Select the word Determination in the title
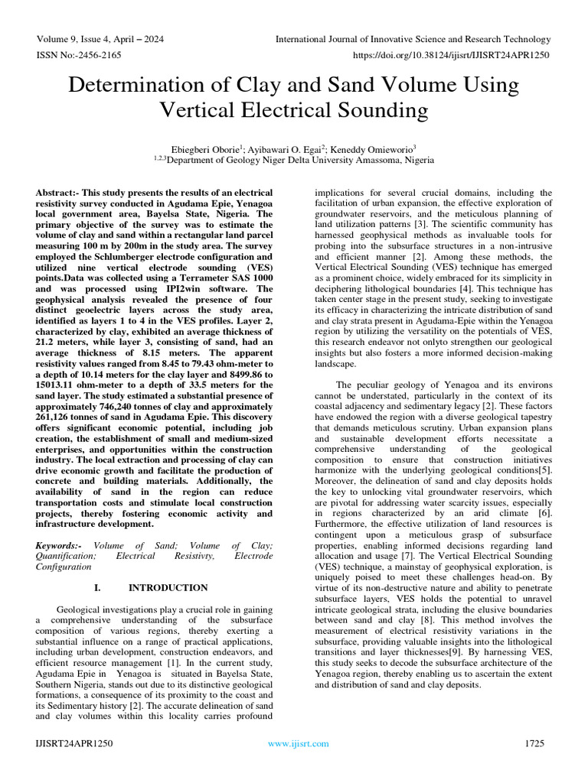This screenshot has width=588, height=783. (x=143, y=86)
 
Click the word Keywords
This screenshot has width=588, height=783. (x=58, y=545)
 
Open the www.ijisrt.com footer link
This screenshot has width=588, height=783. (x=298, y=742)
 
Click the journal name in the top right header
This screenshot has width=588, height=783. (x=413, y=40)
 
